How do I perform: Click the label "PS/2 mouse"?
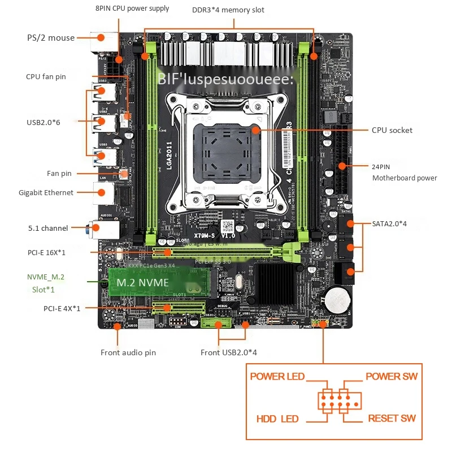(51, 38)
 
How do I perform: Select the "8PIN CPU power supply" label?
(132, 8)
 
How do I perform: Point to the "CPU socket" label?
(392, 130)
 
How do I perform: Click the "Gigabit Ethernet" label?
(46, 192)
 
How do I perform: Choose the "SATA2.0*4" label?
(389, 223)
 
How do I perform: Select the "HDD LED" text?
(277, 419)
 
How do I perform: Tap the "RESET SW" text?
(392, 419)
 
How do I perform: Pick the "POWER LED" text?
(277, 376)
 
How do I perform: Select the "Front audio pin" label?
(128, 352)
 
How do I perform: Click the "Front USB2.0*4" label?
(229, 352)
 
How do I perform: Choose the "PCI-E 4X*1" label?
(62, 308)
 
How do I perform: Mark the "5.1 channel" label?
(48, 228)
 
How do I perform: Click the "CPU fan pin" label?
(46, 76)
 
